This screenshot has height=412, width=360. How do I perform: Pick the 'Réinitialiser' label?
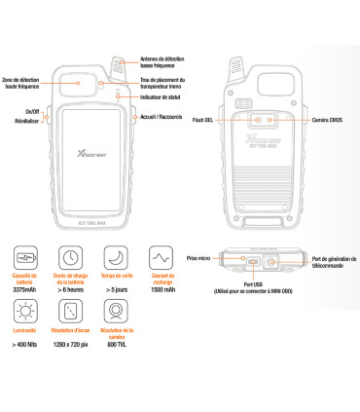point(27,123)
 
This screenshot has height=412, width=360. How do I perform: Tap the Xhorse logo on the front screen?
point(88,154)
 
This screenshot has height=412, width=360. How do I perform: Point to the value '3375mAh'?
point(26,289)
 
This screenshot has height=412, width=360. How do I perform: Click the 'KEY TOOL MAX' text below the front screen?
point(90,221)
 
